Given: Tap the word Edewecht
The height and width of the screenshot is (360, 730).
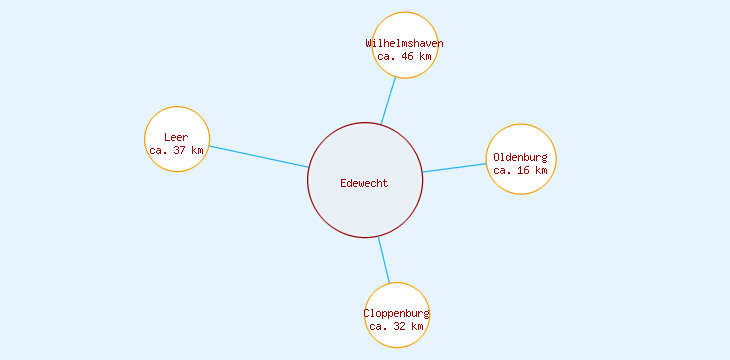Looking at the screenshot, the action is (x=364, y=182).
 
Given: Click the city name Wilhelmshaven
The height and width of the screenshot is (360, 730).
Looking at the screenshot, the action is (x=405, y=43).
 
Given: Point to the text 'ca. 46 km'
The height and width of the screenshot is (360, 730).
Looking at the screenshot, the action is (x=405, y=57).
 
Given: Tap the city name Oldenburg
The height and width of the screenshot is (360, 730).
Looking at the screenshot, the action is (x=521, y=157).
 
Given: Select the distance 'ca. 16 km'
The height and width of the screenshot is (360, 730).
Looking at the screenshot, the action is (x=521, y=170).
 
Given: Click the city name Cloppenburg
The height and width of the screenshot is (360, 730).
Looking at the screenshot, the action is (x=397, y=313).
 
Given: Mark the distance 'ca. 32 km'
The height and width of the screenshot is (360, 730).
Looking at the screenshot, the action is (x=397, y=326).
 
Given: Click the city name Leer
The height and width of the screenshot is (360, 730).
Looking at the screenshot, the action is (x=177, y=137).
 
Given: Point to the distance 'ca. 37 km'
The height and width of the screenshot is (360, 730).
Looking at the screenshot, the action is (x=177, y=150).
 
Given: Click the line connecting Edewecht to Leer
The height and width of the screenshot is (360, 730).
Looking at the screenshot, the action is (x=258, y=156).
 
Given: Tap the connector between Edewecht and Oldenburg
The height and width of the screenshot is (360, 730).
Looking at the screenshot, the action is (x=455, y=168).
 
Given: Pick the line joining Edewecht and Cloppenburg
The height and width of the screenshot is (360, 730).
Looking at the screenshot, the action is (x=384, y=260).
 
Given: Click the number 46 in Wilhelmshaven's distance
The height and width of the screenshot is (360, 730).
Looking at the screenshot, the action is (x=408, y=57).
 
